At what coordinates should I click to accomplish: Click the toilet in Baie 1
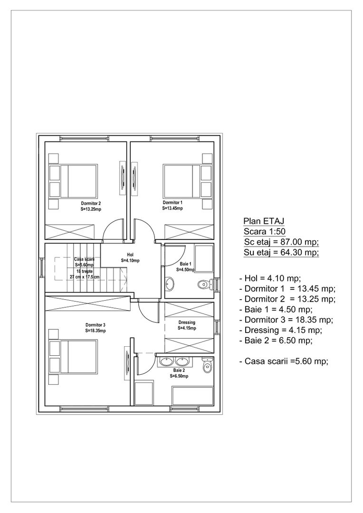tap(203, 285)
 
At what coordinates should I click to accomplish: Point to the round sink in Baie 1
tap(170, 284)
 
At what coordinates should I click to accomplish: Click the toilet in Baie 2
tap(206, 367)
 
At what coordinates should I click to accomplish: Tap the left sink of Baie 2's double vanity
tap(165, 362)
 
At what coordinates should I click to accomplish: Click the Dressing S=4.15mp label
tap(187, 325)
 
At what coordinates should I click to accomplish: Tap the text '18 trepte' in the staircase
tap(85, 271)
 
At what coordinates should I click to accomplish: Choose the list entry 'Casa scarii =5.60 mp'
tap(284, 361)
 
